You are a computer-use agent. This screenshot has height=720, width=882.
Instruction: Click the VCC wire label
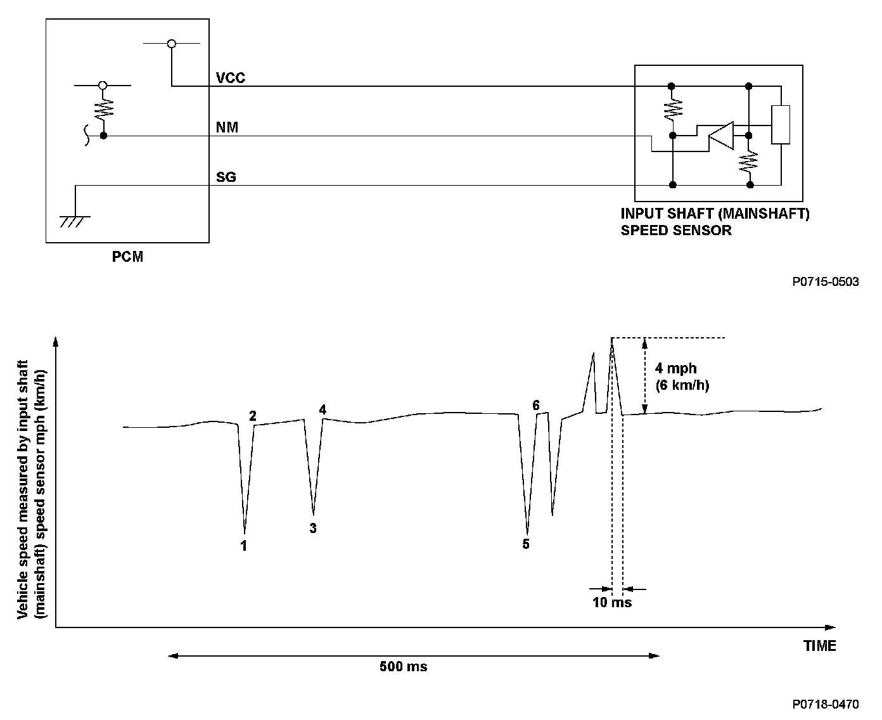click(230, 79)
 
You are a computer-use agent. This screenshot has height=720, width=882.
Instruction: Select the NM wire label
click(227, 128)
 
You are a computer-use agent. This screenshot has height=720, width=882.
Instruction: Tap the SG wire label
click(226, 177)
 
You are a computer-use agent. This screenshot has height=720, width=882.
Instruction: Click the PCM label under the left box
click(127, 257)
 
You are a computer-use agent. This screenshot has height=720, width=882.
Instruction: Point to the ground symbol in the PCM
click(75, 221)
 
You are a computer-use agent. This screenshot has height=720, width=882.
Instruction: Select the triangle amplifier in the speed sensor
click(720, 134)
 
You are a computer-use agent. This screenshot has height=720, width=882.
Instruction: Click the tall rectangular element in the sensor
click(781, 125)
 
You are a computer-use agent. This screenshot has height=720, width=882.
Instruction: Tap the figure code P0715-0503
click(825, 281)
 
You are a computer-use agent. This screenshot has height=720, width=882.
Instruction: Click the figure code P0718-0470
click(825, 704)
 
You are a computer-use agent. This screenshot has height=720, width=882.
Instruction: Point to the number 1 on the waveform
click(244, 545)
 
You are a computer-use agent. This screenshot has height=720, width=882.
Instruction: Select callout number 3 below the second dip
click(313, 528)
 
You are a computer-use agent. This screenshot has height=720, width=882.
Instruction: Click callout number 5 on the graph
click(526, 544)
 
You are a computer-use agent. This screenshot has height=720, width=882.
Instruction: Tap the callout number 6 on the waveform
click(536, 404)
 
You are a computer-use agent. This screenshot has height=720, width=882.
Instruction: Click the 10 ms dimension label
click(612, 602)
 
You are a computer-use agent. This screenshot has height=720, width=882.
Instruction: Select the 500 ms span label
click(404, 667)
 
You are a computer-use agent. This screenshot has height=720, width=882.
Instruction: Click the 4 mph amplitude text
click(675, 368)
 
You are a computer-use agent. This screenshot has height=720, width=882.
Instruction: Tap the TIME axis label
click(819, 646)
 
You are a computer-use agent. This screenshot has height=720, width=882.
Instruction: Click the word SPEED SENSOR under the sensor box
click(675, 230)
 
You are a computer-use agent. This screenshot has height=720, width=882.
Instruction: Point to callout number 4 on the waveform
click(323, 410)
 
